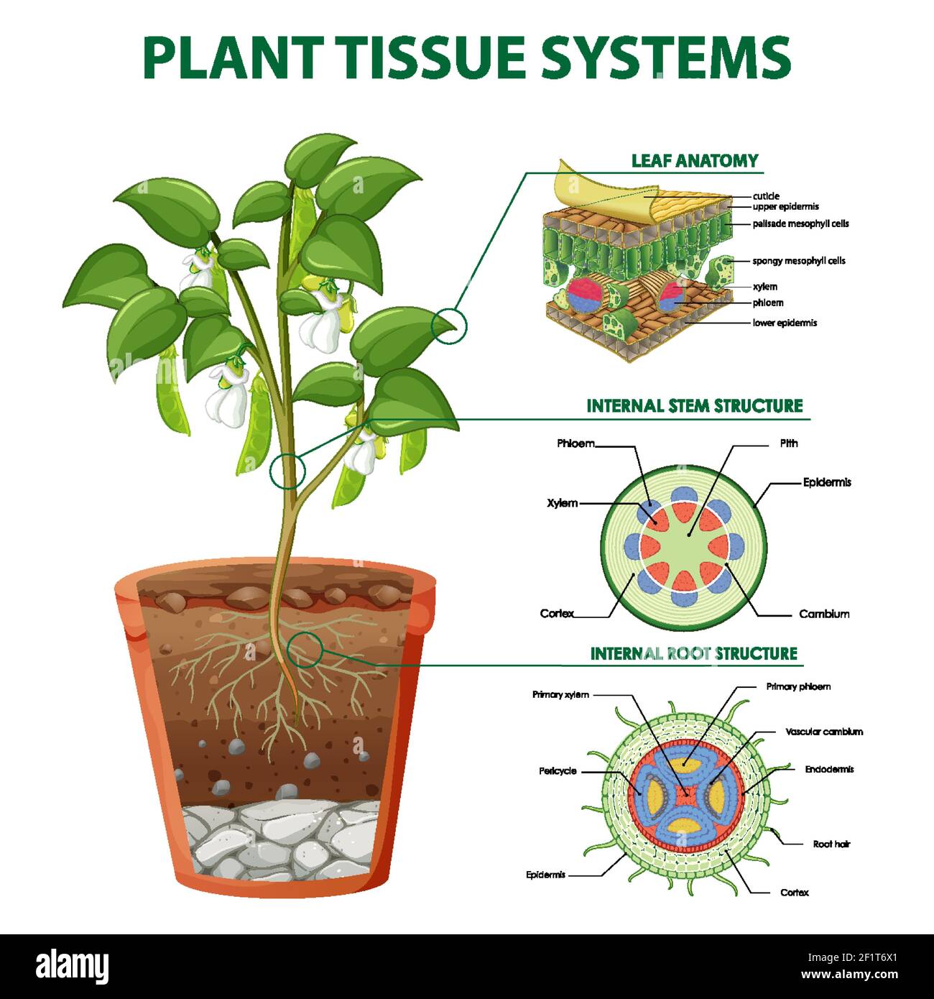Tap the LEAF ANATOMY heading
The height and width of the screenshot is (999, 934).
coord(695,161)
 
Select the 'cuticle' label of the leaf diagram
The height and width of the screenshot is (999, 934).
coord(766,196)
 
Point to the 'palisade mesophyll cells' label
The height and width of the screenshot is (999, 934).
coord(800,224)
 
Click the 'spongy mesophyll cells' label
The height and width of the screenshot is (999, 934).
coord(798,261)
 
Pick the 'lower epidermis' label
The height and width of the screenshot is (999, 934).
coord(785,323)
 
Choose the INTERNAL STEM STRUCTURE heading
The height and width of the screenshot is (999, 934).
coord(694,406)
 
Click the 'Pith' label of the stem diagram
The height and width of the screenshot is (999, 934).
coord(789,443)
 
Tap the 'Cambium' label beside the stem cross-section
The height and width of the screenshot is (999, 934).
coord(824,614)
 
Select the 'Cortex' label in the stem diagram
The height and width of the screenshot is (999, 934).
coord(557,613)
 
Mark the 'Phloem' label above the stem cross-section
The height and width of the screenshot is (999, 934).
coord(575,443)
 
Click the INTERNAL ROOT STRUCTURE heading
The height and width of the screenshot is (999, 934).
coord(693,653)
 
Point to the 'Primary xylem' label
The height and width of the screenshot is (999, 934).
coord(560,694)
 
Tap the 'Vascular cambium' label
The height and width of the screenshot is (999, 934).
coord(824,732)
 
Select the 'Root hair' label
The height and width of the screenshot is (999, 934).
coord(831,844)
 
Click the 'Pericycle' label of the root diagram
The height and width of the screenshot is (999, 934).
coord(558,771)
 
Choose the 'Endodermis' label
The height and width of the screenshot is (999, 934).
coord(829,769)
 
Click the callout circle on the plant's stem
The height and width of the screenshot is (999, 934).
coord(288,471)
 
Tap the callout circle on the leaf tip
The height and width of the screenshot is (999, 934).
coord(449,326)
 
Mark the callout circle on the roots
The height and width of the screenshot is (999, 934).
coord(305,648)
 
